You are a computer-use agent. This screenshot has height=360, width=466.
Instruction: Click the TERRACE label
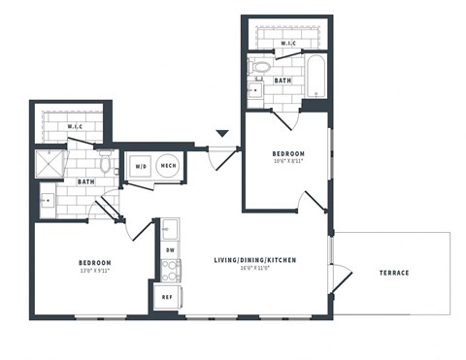(x=393, y=273)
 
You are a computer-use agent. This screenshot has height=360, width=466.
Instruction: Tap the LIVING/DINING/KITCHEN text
(x=255, y=260)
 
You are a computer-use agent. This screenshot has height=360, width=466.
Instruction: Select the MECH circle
(x=168, y=166)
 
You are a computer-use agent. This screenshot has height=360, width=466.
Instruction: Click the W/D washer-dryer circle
(x=141, y=166)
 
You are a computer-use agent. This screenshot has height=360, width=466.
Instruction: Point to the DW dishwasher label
(x=169, y=250)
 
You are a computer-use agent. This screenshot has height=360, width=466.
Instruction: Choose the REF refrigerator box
(x=167, y=297)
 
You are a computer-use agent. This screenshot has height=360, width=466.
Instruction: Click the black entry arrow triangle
(x=222, y=133)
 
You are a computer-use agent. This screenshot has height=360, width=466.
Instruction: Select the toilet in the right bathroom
(x=260, y=68)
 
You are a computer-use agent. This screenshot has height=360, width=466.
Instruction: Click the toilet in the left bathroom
(x=105, y=165)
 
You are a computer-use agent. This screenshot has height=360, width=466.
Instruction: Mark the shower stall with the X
(x=48, y=163)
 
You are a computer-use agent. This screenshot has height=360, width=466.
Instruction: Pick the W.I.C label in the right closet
(x=287, y=44)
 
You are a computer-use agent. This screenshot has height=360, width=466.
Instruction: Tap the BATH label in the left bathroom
(x=85, y=181)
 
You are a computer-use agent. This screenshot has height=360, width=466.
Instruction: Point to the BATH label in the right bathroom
(x=283, y=81)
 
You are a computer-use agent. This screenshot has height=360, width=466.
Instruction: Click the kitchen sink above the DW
(x=169, y=229)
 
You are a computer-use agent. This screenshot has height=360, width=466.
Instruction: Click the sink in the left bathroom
(x=48, y=201)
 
